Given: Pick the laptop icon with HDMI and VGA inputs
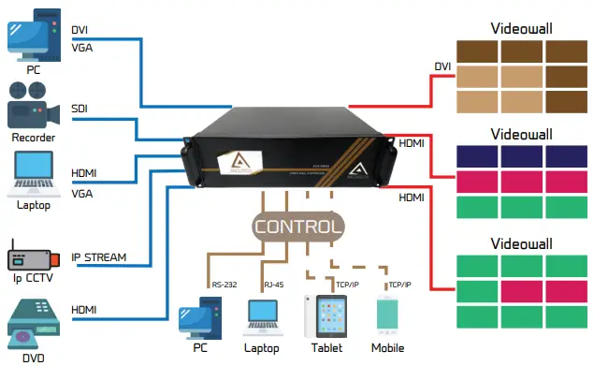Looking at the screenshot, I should point(32,174).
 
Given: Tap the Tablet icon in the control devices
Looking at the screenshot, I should point(321,315).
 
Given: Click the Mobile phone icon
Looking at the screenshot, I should point(387,316).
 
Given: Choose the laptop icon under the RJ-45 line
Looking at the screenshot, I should point(262,318).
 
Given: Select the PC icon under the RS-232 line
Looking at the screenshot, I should point(199,315).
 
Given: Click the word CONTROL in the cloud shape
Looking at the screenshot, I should point(297,226).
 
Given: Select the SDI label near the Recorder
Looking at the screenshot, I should point(81,110).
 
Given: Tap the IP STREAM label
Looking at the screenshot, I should point(99,256).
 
